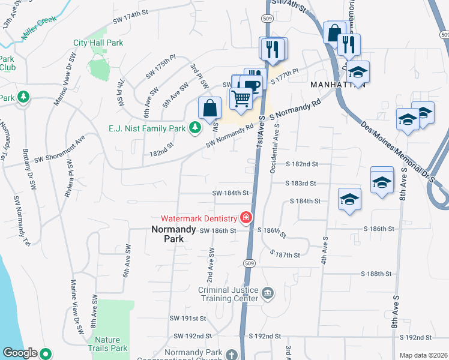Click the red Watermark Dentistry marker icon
246,217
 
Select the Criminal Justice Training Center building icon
268,294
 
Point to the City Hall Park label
98,43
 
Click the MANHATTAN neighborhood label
338,85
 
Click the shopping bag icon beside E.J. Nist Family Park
209,108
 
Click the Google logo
20,353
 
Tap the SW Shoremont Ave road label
59,158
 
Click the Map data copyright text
423,355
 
